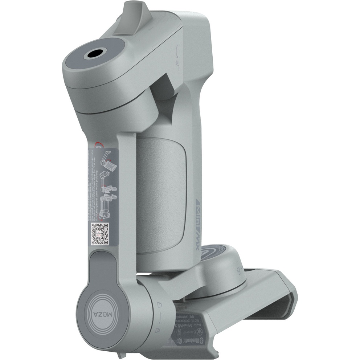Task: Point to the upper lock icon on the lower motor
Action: (x=158, y=304)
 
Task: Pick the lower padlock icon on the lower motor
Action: (x=158, y=330)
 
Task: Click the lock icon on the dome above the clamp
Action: (x=238, y=270)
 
